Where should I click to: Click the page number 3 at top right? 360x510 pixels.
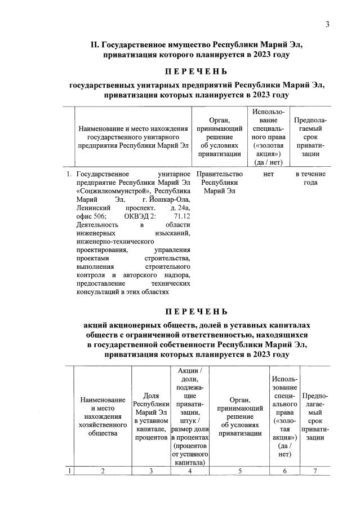point(326,24)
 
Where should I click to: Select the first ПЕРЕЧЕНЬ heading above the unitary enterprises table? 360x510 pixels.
point(196,72)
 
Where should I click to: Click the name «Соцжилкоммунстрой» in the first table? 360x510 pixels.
point(105,191)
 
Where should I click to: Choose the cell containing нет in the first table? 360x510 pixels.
point(268,174)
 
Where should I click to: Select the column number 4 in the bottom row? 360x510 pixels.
point(190,472)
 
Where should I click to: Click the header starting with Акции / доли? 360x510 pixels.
point(190,416)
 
